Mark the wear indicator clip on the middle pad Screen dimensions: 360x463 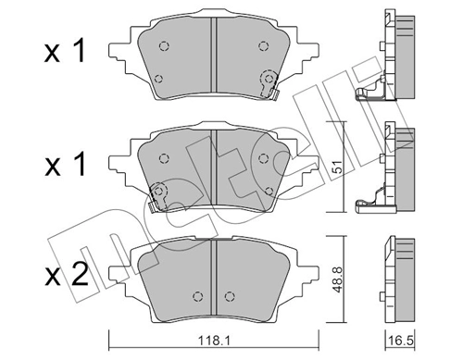click(160, 193)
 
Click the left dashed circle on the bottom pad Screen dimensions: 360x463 click(197, 296)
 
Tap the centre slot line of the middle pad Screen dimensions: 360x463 click(214, 167)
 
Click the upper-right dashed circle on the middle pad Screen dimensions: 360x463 click(267, 158)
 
